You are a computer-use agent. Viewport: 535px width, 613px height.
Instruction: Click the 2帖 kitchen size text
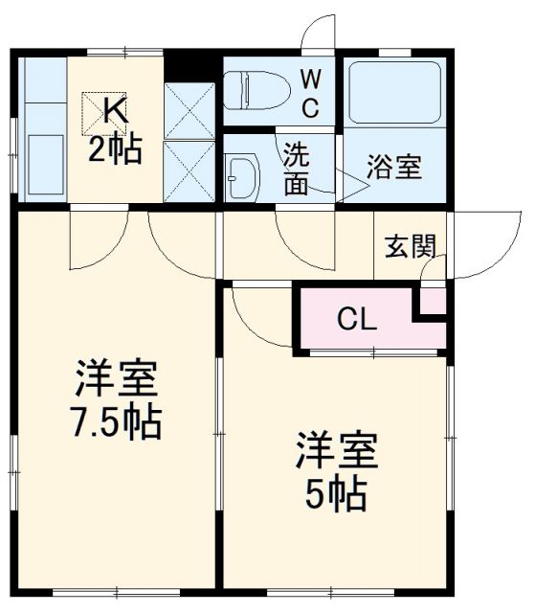[x=116, y=149]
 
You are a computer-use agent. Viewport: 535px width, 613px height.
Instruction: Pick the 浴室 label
[x=394, y=167]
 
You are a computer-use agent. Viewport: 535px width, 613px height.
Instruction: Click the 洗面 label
[x=296, y=168]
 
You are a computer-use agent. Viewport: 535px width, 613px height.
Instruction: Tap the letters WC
[x=311, y=93]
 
